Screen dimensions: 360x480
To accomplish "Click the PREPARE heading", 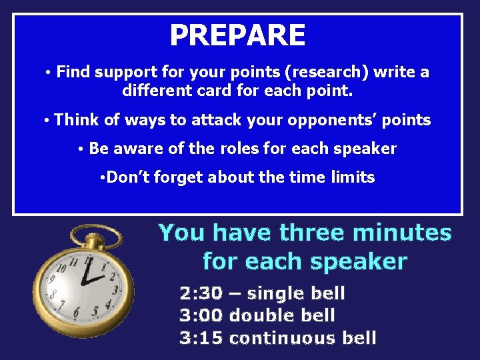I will (237, 35).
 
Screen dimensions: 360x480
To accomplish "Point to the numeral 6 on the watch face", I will (77, 311).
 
